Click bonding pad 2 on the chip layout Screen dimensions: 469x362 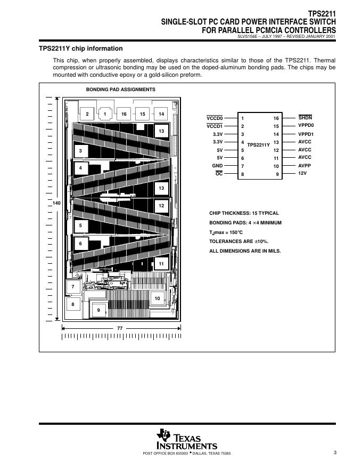pos(87,114)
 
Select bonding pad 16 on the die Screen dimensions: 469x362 pos(124,114)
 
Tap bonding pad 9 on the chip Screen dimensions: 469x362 pos(98,310)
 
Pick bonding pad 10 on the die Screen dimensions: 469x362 pos(157,299)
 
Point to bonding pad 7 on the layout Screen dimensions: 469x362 pos(73,287)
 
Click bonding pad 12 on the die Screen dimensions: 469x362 pos(161,205)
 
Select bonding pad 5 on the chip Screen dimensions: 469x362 pos(80,225)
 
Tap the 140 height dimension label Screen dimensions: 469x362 pos(57,204)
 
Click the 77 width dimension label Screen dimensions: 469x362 pos(120,329)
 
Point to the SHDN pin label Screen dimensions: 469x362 pos(305,118)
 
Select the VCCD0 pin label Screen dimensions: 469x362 pos(215,118)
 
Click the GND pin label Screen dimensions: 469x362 pos(217,166)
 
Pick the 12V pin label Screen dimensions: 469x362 pos(303,174)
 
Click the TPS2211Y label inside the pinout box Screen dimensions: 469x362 pos(258,144)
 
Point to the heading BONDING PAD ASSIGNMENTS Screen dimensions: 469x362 pos(121,90)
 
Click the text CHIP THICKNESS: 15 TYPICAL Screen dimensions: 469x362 pos(241,213)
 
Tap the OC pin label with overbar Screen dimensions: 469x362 pos(219,174)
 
